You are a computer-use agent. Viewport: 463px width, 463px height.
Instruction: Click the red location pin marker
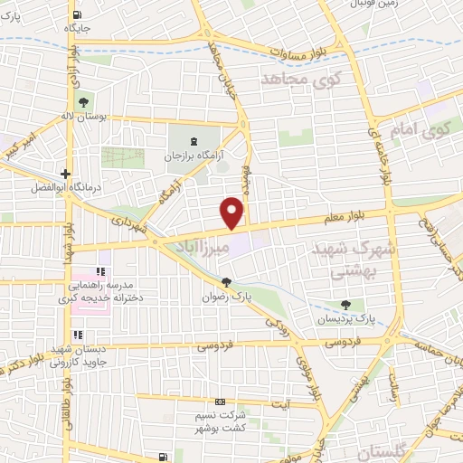click(233, 213)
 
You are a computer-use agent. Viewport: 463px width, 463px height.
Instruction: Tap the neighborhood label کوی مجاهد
click(298, 81)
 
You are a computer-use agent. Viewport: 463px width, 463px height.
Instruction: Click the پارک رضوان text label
click(226, 296)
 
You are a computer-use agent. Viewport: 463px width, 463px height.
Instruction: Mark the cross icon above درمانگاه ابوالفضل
click(65, 173)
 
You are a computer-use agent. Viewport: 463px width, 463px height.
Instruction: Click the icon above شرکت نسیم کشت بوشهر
click(217, 402)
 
